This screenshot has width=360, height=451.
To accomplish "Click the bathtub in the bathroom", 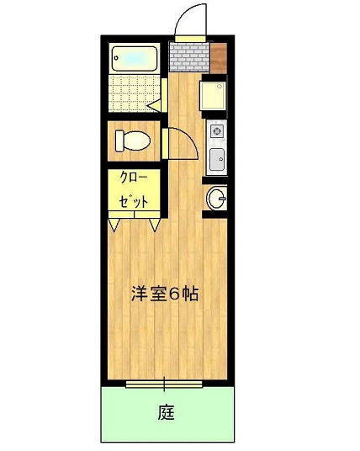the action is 135,58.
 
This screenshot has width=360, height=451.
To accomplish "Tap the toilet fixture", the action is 133,141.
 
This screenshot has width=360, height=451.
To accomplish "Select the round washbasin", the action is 217,198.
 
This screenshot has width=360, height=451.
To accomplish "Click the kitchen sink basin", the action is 217,159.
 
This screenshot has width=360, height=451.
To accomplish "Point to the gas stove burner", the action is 216,131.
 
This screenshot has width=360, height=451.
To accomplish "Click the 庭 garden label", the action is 167,412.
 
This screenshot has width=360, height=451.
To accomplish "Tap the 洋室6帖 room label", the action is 165,294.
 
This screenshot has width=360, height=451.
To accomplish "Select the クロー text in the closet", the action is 134,178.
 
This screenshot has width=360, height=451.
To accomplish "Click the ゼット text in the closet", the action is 134,201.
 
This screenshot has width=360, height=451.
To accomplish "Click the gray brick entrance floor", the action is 189,57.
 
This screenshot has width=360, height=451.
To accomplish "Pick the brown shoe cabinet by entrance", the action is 219,58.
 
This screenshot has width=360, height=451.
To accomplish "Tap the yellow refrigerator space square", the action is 213,95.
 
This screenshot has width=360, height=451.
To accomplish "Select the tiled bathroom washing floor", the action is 135,93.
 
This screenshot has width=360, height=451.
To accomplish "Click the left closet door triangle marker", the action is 114,225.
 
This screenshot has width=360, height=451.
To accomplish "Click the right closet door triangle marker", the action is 155,225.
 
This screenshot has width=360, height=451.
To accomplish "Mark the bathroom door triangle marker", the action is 155,106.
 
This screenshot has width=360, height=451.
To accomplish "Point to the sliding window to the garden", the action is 164,384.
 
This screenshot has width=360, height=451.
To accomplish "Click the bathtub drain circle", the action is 116,58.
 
